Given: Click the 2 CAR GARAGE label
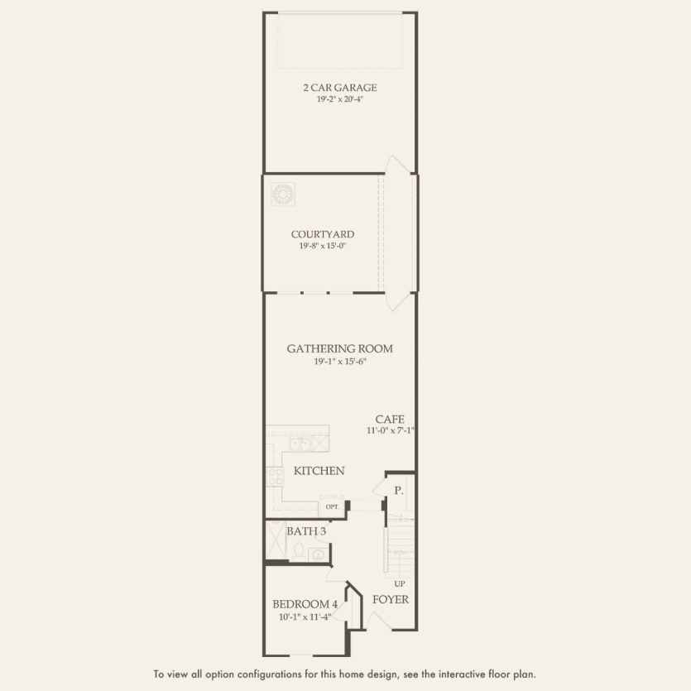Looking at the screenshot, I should click(x=339, y=87).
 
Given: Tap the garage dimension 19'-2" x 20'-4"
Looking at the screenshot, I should click(x=339, y=98).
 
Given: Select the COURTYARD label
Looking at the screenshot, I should click(x=322, y=234).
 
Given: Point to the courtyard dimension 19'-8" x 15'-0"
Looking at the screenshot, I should click(x=322, y=246).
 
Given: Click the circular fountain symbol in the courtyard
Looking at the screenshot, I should click(x=283, y=194).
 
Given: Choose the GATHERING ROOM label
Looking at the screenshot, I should click(x=339, y=348).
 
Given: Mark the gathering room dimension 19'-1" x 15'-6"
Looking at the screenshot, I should click(x=339, y=361).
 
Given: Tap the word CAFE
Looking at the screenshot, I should click(x=389, y=419).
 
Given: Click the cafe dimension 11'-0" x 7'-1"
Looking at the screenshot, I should click(x=390, y=430).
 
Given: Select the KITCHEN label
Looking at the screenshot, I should click(x=319, y=471).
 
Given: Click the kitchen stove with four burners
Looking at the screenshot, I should click(x=275, y=477).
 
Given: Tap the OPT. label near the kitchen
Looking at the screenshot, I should click(x=332, y=506).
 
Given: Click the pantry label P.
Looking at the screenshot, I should click(x=398, y=491).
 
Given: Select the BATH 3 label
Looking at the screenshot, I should click(x=306, y=530).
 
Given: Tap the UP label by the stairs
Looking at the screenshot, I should click(x=399, y=583).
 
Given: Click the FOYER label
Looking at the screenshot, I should click(x=390, y=599).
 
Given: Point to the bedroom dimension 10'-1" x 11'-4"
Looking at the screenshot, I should click(x=305, y=617).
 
